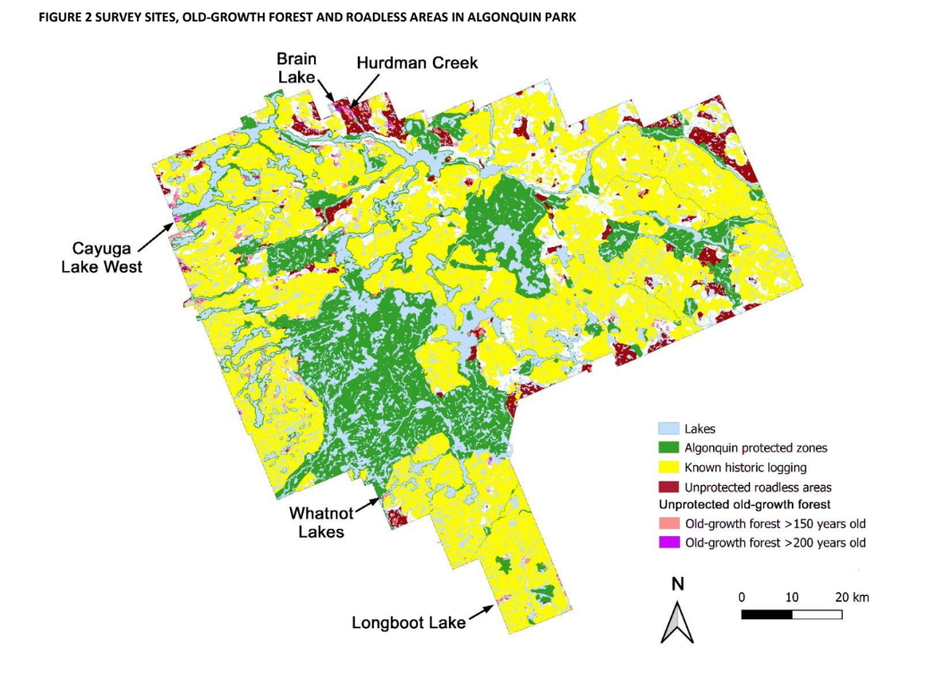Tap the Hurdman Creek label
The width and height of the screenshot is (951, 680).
417,63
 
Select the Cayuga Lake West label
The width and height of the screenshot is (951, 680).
106,257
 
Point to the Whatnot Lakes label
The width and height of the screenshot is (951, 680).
320,523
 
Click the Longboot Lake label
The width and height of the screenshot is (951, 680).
408,623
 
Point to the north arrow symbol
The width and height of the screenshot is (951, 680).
677,622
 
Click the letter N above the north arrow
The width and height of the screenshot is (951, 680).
677,584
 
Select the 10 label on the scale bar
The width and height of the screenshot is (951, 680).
792,597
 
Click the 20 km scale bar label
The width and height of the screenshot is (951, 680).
851,597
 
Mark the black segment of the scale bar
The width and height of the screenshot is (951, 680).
767,615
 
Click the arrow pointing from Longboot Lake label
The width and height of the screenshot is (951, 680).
481,612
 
